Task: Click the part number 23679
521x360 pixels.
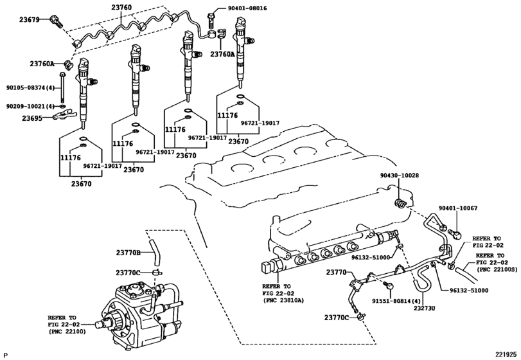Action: point(29,20)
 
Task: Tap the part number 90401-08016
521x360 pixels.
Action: point(247,8)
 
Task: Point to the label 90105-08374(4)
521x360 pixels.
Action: point(30,88)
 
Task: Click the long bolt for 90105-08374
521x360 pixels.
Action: point(62,87)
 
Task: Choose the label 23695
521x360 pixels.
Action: point(32,118)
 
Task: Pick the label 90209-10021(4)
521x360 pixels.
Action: point(30,106)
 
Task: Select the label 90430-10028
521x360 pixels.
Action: point(400,175)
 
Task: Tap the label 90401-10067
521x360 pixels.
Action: point(458,208)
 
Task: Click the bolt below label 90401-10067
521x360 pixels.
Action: point(455,234)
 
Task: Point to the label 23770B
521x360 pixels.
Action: point(128,253)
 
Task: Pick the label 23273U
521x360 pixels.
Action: point(424,308)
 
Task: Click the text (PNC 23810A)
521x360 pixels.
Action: point(283,301)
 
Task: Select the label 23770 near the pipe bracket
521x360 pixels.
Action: point(336,273)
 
